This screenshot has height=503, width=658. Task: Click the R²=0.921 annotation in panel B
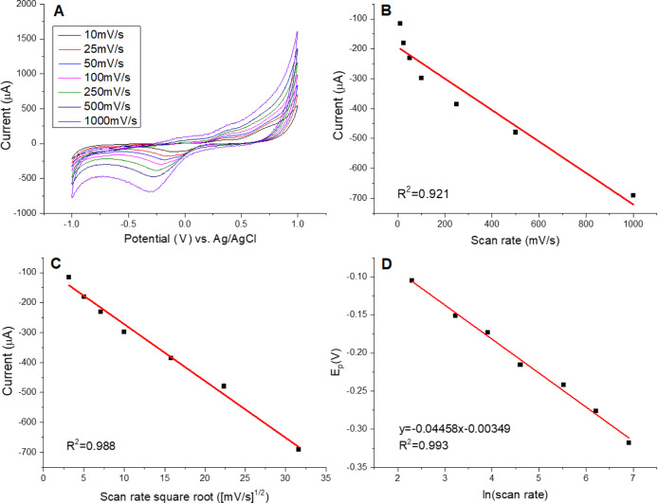(423, 192)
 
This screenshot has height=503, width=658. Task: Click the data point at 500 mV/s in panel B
(515, 132)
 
